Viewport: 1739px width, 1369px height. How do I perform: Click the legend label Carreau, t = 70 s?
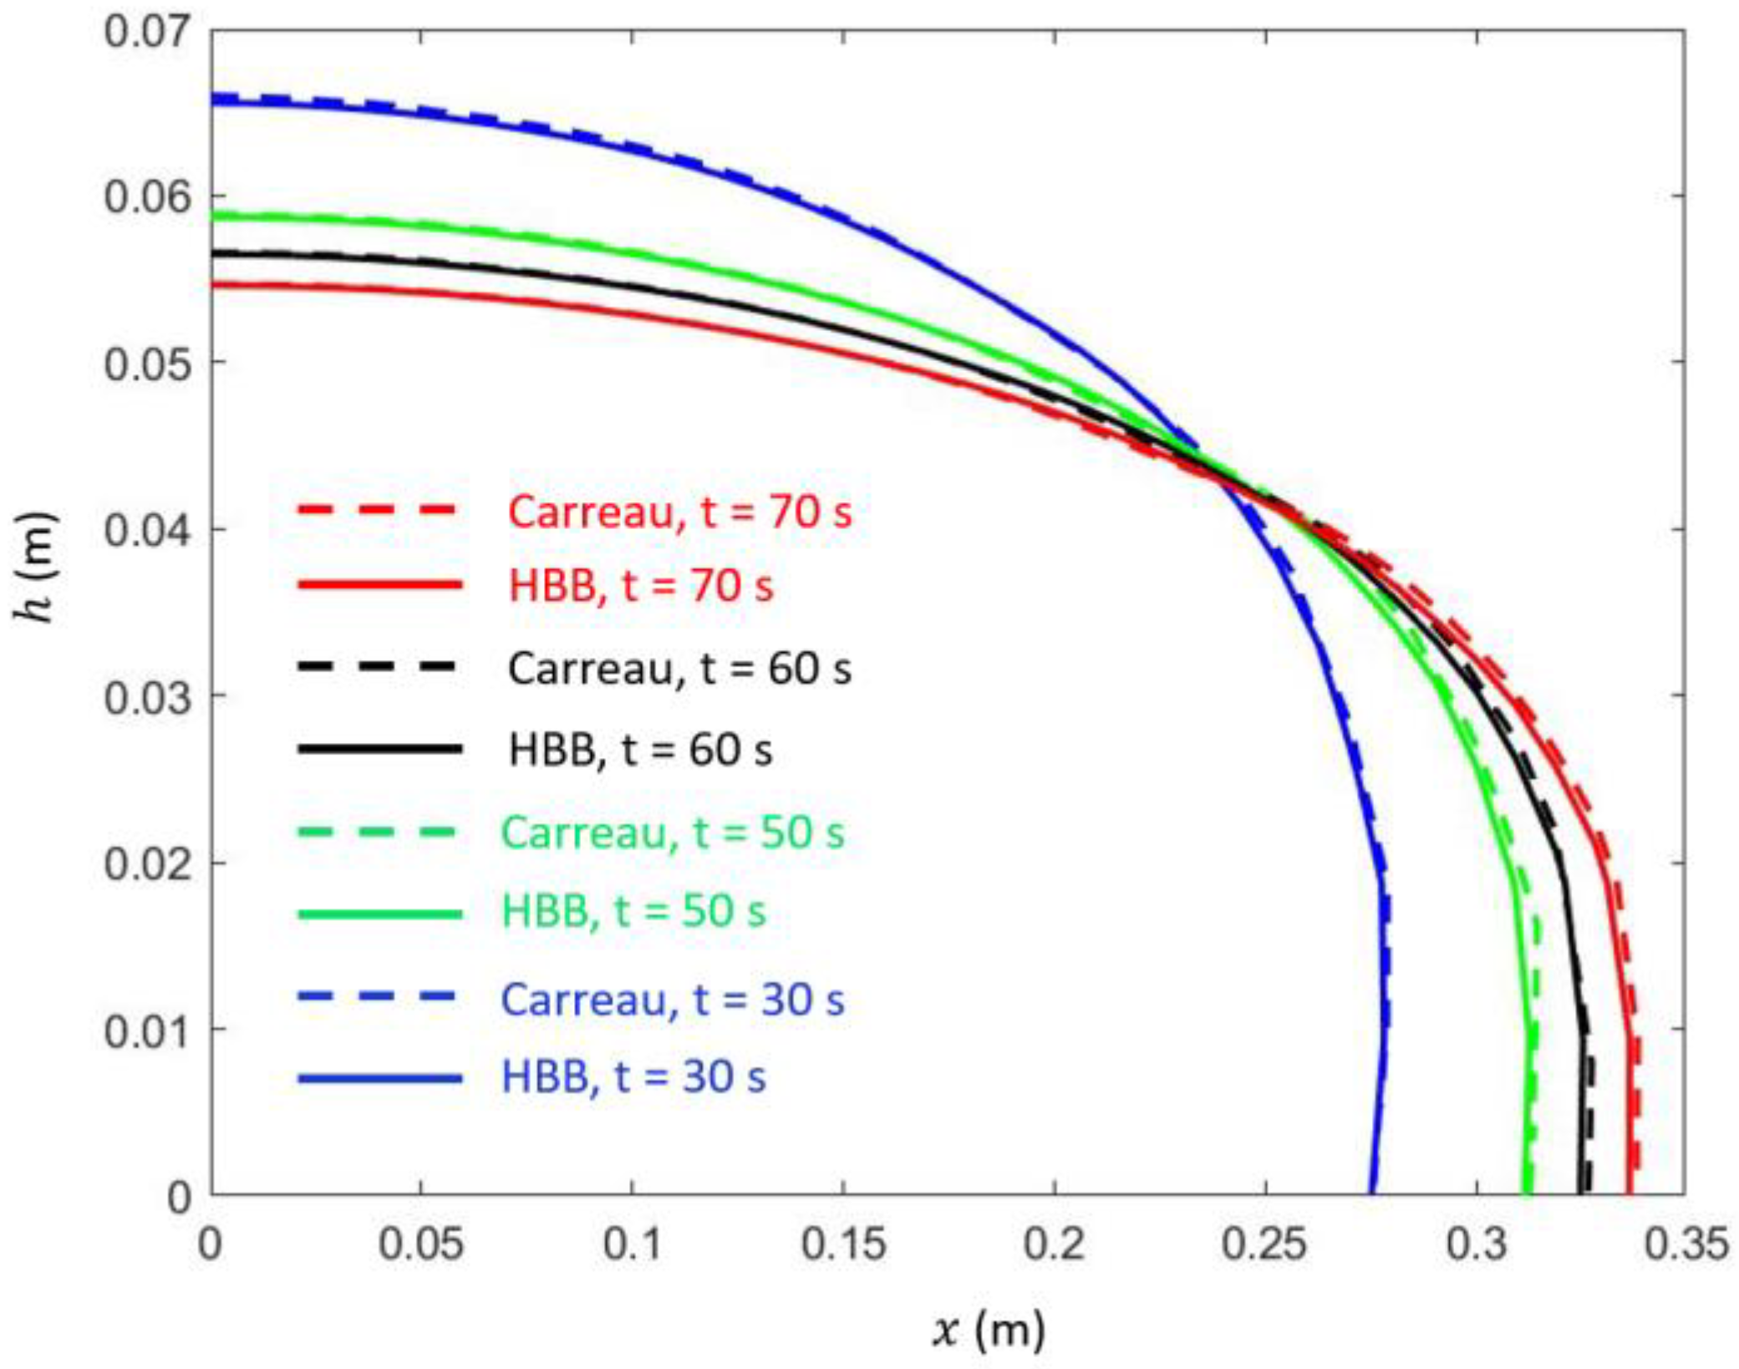679,511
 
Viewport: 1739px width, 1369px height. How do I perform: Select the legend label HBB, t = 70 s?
641,585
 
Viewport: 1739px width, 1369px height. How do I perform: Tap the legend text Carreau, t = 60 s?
679,669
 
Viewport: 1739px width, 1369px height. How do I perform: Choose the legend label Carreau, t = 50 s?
673,832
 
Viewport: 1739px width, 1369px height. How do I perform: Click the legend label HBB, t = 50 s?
633,911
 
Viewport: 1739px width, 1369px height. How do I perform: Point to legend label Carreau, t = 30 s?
673,1000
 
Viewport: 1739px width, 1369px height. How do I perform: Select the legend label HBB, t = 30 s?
633,1077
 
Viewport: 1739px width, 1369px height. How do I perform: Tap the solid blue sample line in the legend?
379,1078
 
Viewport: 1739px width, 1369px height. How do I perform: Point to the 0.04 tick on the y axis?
146,530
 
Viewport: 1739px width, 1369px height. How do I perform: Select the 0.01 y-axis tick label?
146,1030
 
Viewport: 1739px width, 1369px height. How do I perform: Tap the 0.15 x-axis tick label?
842,1244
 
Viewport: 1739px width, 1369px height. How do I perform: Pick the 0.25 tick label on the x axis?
1264,1244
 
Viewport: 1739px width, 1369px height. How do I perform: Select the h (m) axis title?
35,568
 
